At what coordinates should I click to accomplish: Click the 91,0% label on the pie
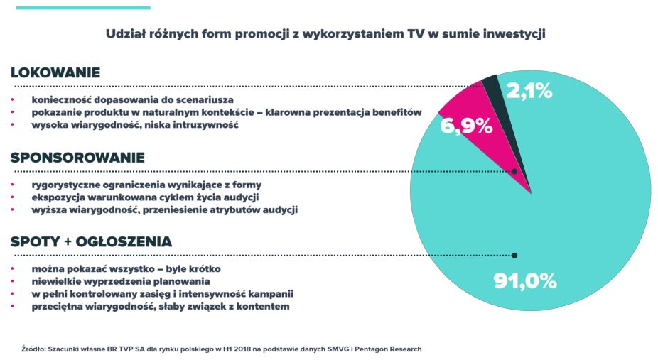(x=524, y=280)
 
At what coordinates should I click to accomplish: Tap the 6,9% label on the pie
(x=466, y=126)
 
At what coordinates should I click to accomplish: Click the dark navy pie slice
(x=490, y=87)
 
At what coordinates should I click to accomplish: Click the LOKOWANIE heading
(x=55, y=72)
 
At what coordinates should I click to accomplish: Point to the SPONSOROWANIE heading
(x=77, y=158)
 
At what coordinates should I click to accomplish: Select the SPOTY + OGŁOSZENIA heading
(x=91, y=242)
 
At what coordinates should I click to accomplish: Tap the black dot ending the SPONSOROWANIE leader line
(x=514, y=171)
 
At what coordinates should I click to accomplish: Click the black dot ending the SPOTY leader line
(x=514, y=256)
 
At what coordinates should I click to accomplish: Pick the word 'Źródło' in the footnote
(x=33, y=349)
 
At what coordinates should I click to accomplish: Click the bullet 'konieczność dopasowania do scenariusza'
(x=132, y=99)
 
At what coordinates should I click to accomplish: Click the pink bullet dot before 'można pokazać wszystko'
(x=13, y=269)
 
